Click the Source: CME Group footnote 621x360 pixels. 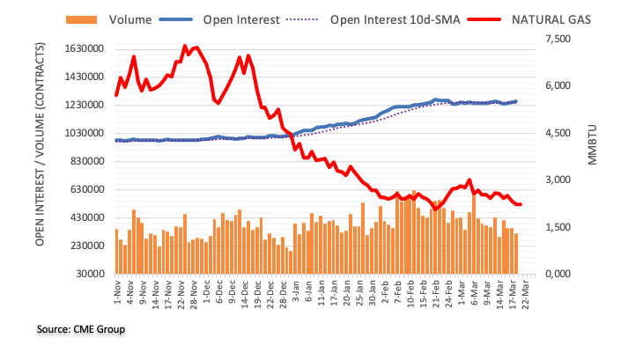pyautogui.click(x=81, y=329)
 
